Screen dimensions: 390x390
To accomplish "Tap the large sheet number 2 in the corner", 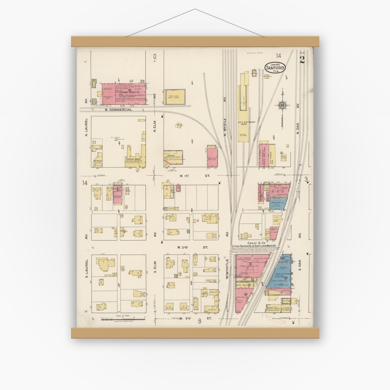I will [x=302, y=60].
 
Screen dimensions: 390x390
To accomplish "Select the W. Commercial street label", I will [x=118, y=110].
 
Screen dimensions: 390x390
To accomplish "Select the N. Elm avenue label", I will [x=155, y=127].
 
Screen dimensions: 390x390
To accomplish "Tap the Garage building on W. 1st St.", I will [x=173, y=158].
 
